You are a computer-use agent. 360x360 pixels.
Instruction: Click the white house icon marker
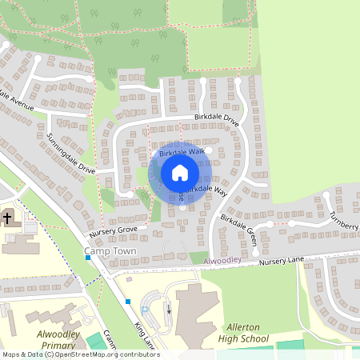[x=180, y=172]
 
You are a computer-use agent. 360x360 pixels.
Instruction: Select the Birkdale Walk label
[x=182, y=151]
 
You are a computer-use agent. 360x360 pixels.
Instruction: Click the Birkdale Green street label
[x=238, y=224]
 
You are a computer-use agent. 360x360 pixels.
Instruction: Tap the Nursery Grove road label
[x=114, y=231]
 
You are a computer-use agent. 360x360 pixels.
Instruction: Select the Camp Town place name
[x=110, y=251]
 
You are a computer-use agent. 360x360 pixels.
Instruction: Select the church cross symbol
[x=7, y=218]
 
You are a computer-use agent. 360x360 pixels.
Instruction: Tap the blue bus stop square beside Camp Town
[x=88, y=258]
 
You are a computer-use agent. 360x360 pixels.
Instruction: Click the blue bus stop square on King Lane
[x=127, y=302]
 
